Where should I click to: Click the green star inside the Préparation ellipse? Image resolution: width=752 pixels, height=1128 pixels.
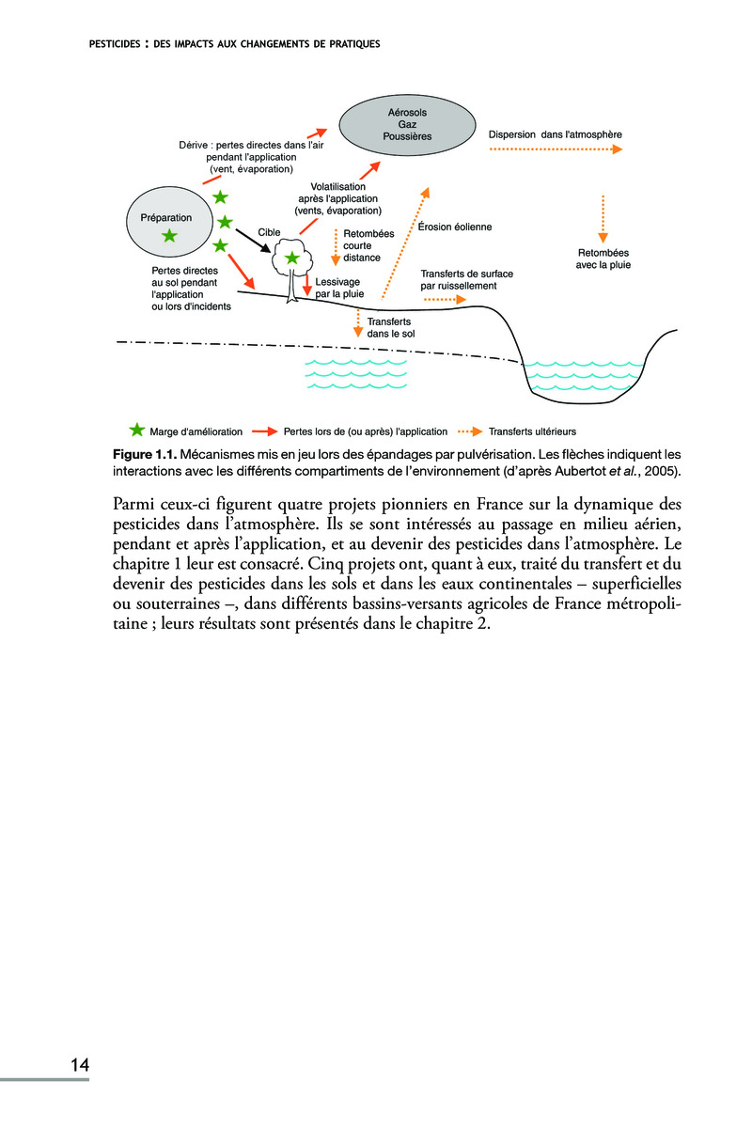click(x=170, y=236)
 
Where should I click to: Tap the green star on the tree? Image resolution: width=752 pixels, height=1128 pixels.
click(x=292, y=257)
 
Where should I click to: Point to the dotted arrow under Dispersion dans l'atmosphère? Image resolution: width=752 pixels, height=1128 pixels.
click(x=556, y=149)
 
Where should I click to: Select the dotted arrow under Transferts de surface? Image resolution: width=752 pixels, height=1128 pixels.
click(x=445, y=300)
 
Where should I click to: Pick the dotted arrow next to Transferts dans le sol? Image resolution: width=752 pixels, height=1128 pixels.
click(x=357, y=322)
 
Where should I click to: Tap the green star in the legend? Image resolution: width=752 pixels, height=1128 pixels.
click(x=137, y=431)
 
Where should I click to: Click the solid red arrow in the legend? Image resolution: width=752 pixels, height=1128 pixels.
click(x=262, y=432)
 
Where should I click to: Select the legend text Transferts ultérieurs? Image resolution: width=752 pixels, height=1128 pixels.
click(x=531, y=432)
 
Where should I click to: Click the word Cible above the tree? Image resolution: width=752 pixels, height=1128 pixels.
click(x=271, y=231)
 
